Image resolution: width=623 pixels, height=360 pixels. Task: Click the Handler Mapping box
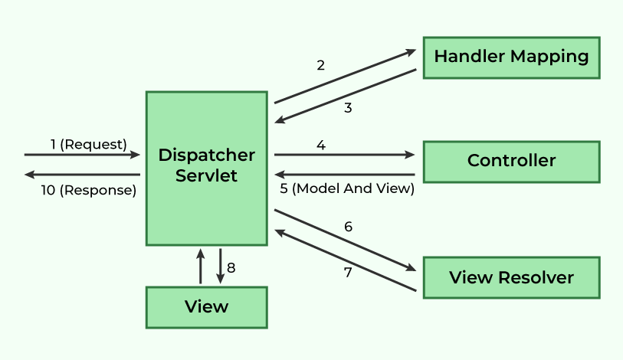[511, 57]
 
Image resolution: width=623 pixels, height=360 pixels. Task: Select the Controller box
[511, 161]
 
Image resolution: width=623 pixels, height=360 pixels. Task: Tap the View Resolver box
[511, 277]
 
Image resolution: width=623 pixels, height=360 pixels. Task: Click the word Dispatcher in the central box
[206, 155]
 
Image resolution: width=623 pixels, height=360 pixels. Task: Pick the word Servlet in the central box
[206, 175]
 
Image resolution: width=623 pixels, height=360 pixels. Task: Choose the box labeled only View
[206, 307]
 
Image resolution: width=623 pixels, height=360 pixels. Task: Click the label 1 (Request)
[88, 144]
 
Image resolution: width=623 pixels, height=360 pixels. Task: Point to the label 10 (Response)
[88, 190]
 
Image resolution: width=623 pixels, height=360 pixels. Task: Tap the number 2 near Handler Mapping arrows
[320, 65]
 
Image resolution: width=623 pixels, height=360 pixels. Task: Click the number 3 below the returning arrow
[347, 108]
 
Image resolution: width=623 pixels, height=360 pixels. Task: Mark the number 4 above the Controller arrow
[320, 144]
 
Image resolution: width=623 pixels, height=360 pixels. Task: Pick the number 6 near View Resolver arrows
[348, 227]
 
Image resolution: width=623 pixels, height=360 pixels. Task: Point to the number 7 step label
[347, 271]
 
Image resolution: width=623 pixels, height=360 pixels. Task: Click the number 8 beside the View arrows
[231, 267]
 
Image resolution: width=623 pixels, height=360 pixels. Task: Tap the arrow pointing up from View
[201, 266]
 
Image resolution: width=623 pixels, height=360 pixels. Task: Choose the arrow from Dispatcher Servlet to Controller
[344, 155]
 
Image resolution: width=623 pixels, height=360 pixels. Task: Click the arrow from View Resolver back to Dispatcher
[344, 260]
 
